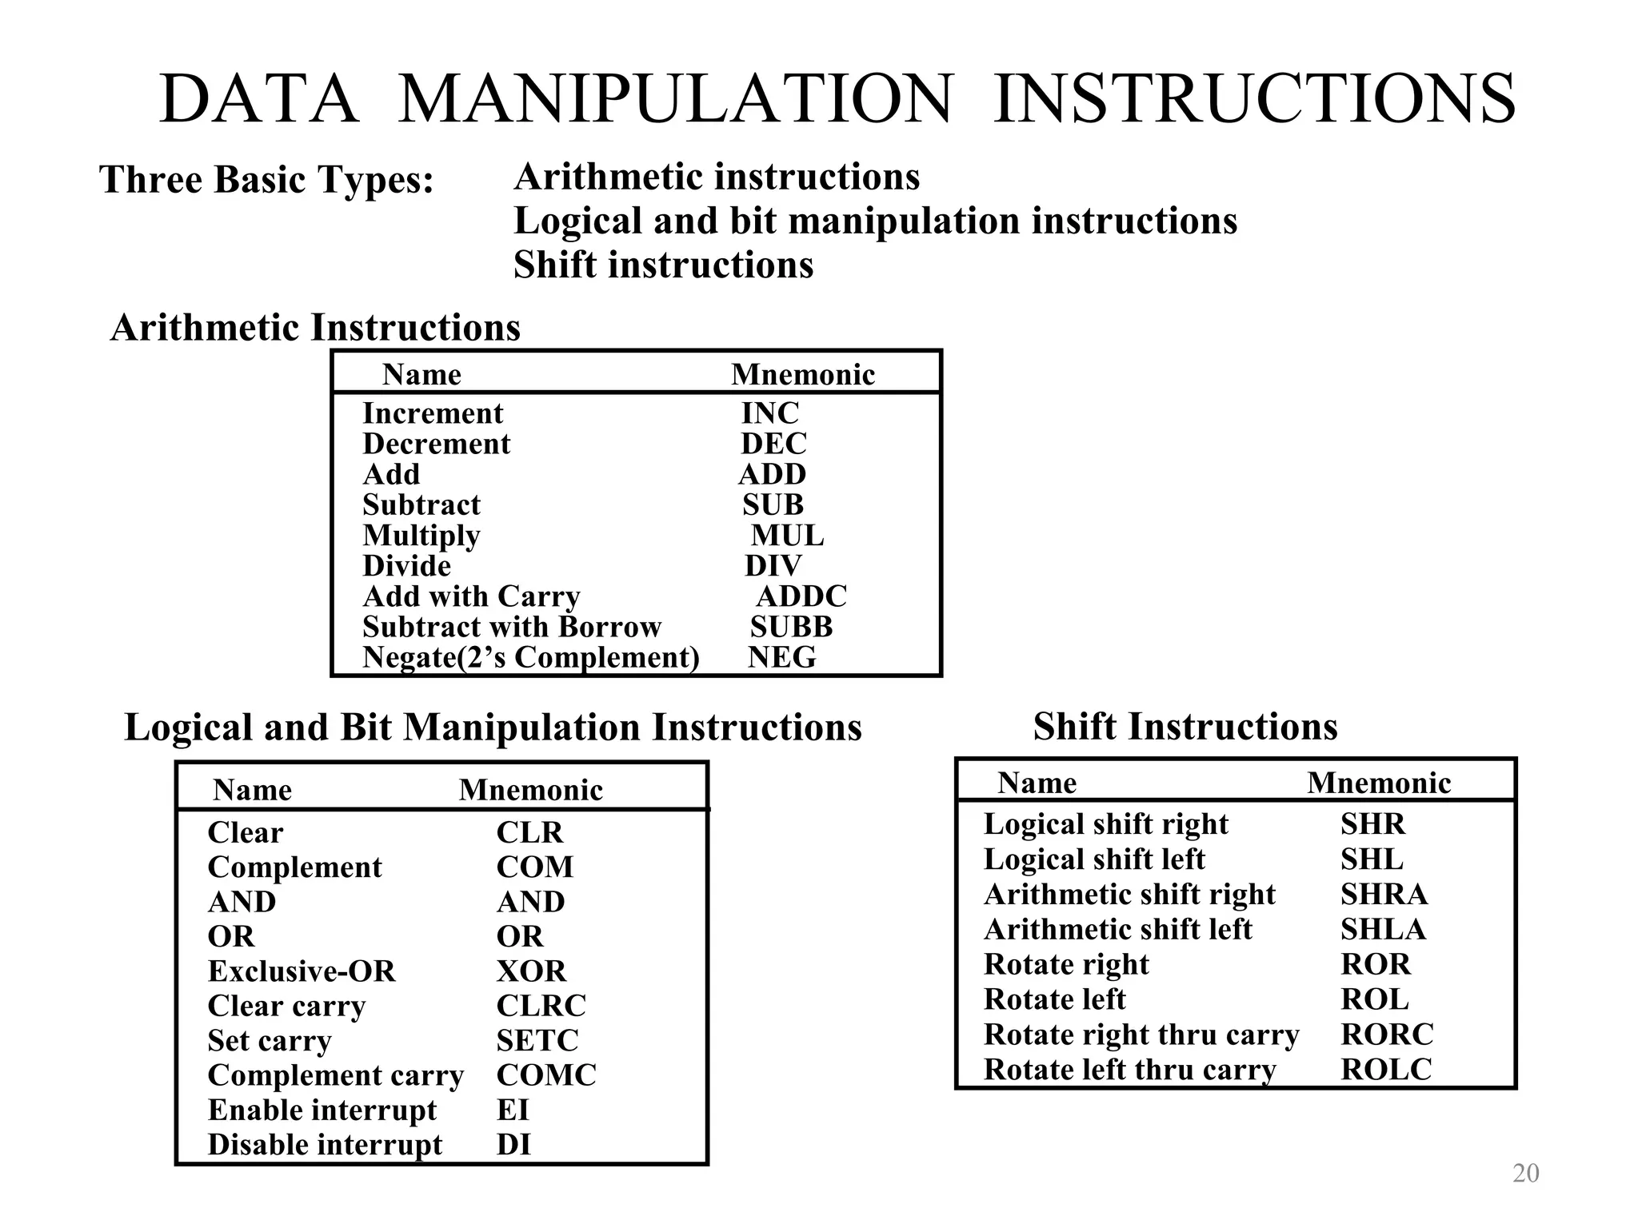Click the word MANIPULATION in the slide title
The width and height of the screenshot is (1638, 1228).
675,99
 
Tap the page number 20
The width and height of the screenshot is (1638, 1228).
1526,1173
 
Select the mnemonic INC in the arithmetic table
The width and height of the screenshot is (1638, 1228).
769,413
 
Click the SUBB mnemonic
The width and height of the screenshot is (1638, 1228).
791,627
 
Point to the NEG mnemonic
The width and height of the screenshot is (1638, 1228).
781,657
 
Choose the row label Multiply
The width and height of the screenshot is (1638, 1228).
421,536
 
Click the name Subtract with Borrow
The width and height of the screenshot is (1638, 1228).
512,627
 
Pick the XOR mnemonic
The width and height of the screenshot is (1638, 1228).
531,971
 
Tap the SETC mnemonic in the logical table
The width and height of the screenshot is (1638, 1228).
537,1041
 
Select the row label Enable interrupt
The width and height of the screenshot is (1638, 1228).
322,1110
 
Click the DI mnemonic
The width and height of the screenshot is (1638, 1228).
513,1145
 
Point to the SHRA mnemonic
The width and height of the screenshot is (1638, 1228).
1384,895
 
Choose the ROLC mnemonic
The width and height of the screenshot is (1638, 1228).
1386,1070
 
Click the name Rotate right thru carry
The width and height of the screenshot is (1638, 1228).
1141,1035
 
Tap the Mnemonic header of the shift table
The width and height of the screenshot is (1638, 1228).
1379,783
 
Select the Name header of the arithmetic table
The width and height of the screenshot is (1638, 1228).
421,374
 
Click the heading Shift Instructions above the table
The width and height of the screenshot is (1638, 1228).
1185,727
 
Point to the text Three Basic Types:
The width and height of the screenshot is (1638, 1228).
266,179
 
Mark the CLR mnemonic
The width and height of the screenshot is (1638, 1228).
529,832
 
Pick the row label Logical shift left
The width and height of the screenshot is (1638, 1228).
1094,859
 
